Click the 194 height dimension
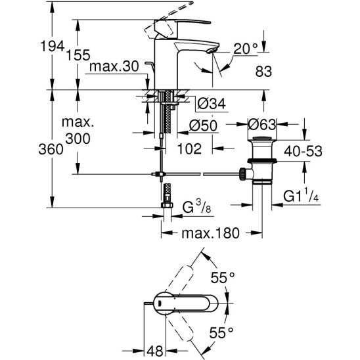click(52, 46)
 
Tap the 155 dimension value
click(78, 55)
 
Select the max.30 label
click(114, 66)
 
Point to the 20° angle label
click(246, 49)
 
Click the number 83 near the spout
click(263, 71)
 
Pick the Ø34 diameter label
click(212, 104)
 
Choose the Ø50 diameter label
click(203, 125)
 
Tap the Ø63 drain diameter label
click(262, 124)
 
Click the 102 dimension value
click(189, 148)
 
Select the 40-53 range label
click(303, 151)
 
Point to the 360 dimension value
click(51, 149)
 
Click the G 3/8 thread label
click(196, 207)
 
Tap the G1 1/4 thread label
click(301, 195)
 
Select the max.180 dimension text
click(210, 233)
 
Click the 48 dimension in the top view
click(155, 351)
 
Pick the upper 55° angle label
click(223, 277)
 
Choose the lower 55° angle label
click(221, 332)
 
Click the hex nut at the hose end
click(167, 205)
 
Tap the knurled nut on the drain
click(242, 174)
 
